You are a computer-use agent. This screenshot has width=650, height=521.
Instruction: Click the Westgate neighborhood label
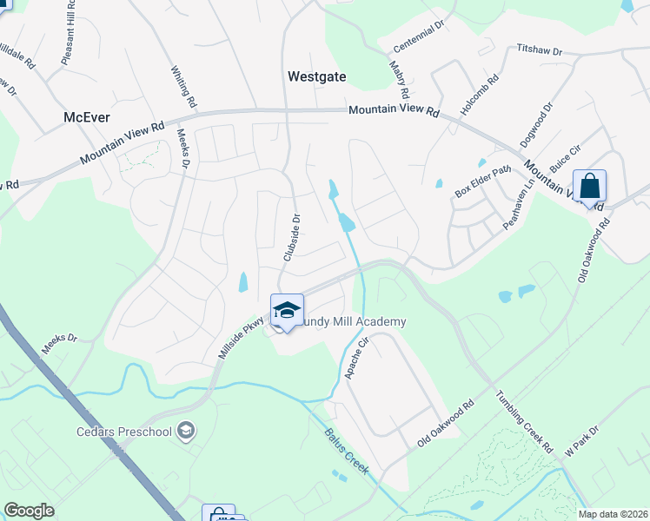316,76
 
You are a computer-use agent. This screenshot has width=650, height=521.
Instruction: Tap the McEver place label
89,116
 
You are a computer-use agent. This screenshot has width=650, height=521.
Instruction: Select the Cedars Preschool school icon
185,430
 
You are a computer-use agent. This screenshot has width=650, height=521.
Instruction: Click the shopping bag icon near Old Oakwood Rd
589,187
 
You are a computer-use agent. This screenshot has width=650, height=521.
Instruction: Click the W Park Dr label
581,441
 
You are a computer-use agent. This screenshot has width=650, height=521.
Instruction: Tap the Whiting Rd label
184,88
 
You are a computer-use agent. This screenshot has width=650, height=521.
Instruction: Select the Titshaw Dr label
540,51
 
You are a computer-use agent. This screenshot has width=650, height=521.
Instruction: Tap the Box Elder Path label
481,182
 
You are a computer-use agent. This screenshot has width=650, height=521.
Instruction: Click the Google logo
29,511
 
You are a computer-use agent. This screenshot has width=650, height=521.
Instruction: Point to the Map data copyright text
613,514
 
